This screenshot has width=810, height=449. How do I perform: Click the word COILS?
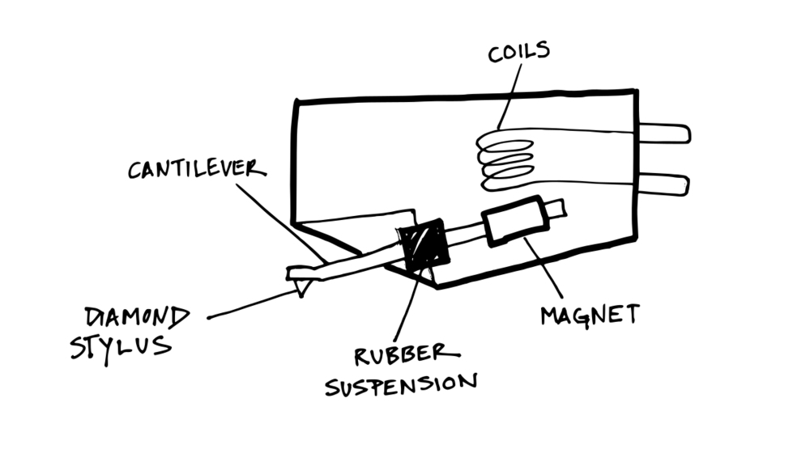(518, 52)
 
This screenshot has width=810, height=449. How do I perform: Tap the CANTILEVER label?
(197, 169)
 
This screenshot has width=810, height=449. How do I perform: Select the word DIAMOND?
(138, 317)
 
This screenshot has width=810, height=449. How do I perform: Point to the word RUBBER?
(407, 354)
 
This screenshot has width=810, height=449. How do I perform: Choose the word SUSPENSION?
(401, 384)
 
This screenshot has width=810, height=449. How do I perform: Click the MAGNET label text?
(590, 314)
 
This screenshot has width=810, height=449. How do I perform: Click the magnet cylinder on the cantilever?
(515, 222)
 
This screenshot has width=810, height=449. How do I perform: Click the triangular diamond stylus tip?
(301, 286)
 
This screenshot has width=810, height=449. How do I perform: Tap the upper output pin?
(665, 133)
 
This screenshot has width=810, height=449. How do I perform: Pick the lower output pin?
(664, 184)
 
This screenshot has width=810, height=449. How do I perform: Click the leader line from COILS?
(509, 96)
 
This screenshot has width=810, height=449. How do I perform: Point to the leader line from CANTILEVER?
(281, 223)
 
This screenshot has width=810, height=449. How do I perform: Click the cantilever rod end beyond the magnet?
(557, 209)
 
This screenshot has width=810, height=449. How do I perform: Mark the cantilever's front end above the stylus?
(301, 273)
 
